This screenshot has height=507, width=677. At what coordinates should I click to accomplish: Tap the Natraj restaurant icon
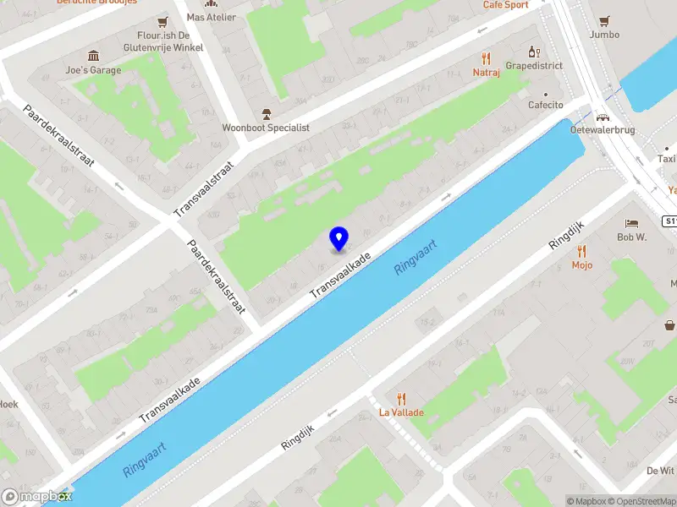[486, 58]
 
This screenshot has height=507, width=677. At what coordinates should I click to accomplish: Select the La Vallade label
[401, 412]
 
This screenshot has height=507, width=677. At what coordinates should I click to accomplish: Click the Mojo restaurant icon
[581, 251]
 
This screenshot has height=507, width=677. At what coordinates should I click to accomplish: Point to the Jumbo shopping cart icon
[604, 21]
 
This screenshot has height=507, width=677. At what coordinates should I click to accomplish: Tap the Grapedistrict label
[534, 65]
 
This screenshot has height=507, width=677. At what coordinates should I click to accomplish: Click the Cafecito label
[545, 105]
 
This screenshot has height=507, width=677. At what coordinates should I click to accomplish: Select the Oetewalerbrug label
[603, 130]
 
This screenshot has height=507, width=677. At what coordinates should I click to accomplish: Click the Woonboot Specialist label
[266, 128]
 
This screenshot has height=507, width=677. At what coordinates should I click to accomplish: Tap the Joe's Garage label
[94, 70]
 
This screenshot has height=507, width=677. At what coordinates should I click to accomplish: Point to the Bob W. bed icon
[631, 223]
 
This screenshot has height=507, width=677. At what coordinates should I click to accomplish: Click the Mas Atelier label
[212, 17]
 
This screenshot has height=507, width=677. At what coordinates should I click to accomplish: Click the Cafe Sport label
[505, 5]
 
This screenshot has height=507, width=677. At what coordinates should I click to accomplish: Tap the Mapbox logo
[35, 497]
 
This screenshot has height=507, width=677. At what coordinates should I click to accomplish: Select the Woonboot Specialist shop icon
[266, 113]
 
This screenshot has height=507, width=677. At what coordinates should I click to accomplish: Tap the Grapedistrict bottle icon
[534, 51]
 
